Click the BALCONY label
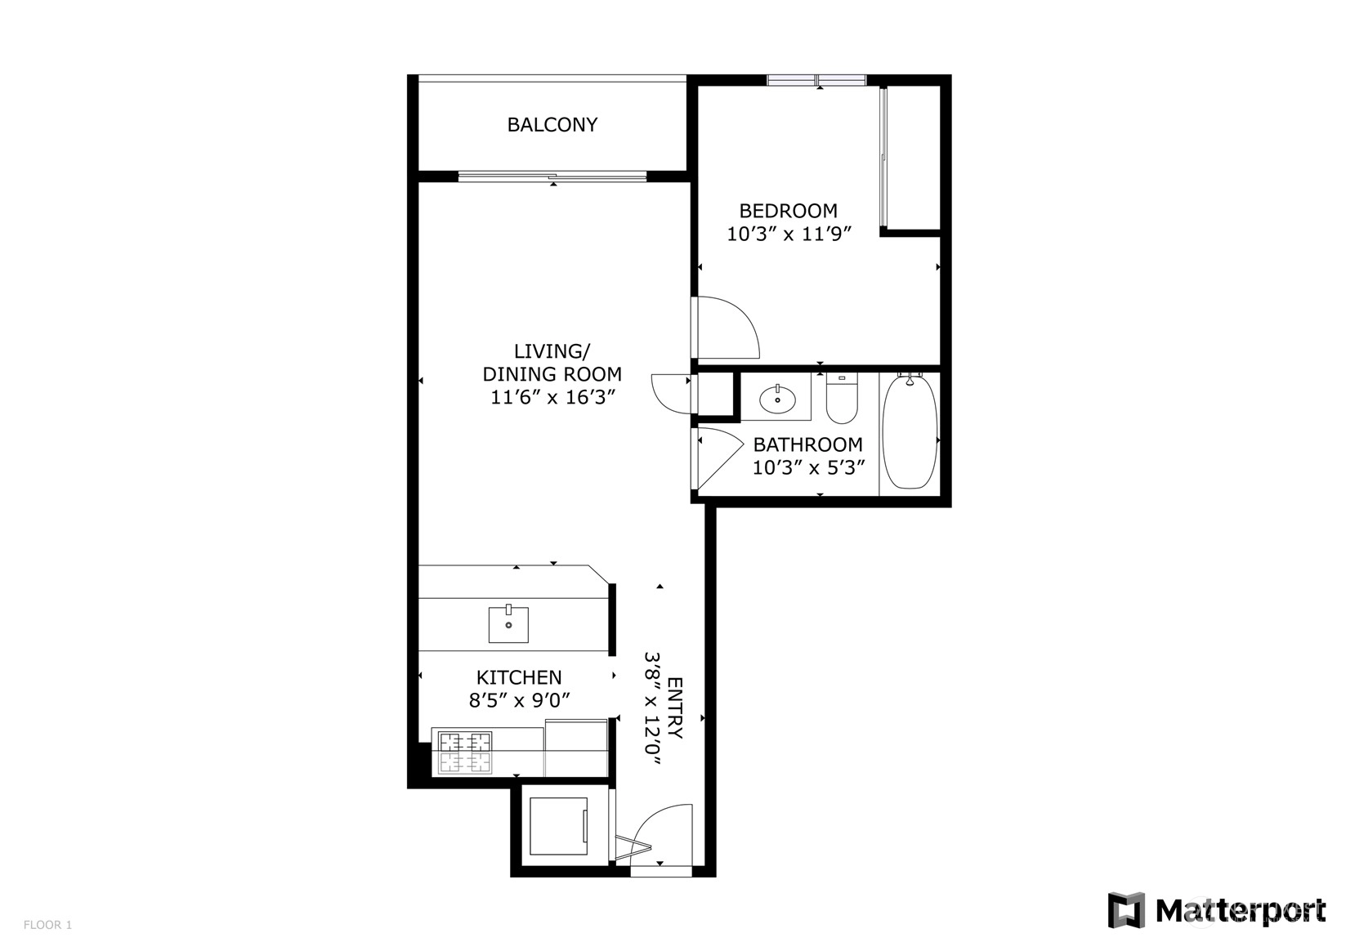(552, 125)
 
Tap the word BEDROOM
(788, 211)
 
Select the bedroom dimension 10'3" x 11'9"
(789, 234)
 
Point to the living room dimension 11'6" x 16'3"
(552, 397)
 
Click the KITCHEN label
(519, 677)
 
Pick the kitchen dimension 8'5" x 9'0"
(519, 700)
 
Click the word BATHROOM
(807, 444)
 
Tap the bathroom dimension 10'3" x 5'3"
(808, 467)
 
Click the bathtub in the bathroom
(910, 431)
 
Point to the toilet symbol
(842, 399)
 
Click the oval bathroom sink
(777, 399)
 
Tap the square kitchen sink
(508, 625)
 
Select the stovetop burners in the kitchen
(464, 752)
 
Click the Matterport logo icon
(1126, 910)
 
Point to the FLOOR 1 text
(47, 925)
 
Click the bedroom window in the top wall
(816, 80)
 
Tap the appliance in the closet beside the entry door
(558, 826)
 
